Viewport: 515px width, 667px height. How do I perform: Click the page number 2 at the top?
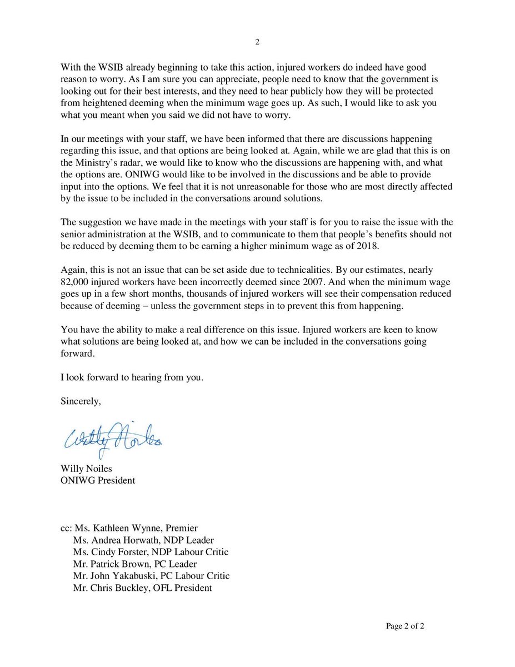(257, 42)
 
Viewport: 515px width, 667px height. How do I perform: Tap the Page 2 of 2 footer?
(406, 626)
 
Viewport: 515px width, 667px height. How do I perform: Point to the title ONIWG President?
(97, 480)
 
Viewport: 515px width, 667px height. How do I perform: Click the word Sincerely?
(81, 402)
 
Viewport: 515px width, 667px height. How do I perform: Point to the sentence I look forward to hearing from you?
(132, 378)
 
